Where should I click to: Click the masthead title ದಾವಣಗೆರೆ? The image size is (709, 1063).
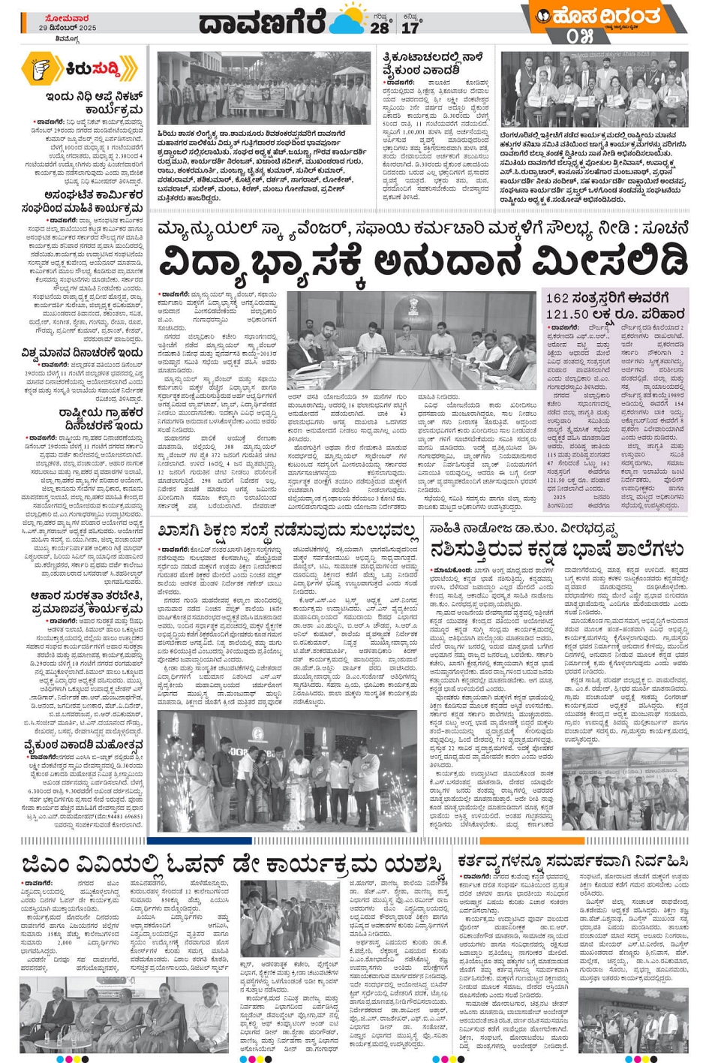coord(263,23)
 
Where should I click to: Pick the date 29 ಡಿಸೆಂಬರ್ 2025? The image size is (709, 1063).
coord(68,28)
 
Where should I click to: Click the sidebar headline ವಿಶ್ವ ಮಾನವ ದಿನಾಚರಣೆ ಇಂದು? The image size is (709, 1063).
coord(82,352)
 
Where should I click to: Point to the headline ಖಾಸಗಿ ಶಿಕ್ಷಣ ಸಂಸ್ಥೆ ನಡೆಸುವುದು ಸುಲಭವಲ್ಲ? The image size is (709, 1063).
coord(288,531)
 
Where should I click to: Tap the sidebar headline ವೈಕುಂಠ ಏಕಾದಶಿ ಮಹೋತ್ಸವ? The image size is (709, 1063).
coord(83,745)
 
